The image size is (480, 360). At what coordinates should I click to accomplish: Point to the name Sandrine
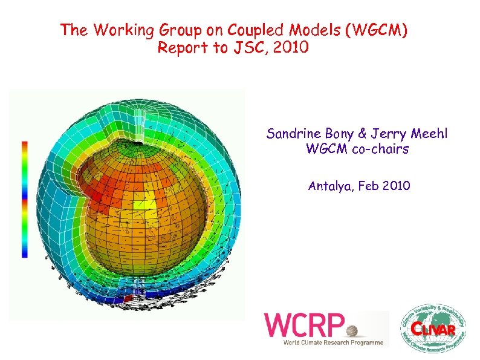pos(293,134)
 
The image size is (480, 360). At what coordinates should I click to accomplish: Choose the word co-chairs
pos(380,149)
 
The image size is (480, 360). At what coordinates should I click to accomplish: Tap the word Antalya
pos(331,186)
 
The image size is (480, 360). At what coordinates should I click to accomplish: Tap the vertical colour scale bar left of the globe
pos(25,199)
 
